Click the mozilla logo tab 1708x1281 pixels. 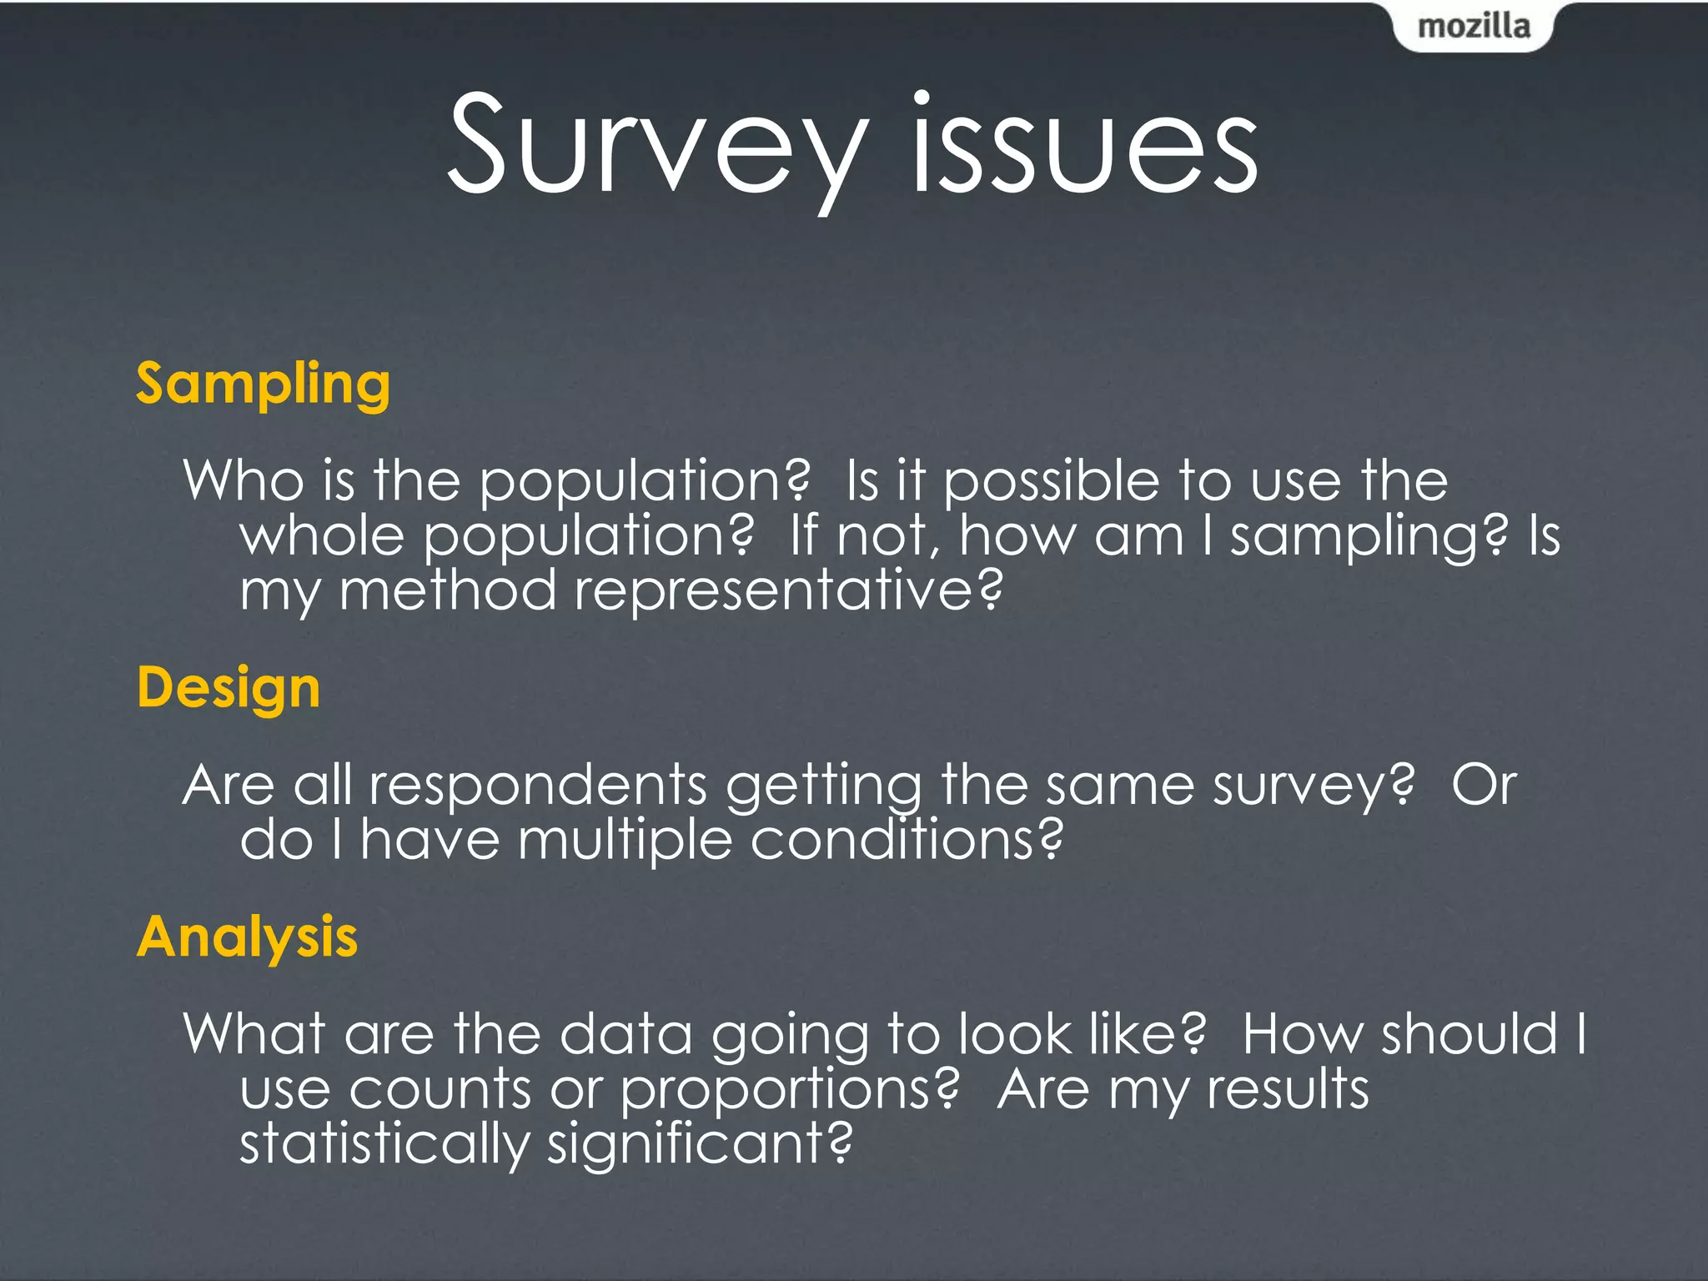pos(1474,27)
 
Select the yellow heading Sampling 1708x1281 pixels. pos(264,384)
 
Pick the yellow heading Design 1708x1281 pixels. pos(229,688)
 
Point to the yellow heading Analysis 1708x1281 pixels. pos(248,937)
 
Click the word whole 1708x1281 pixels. pos(322,535)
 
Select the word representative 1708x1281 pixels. pos(788,590)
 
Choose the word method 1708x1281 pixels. pos(447,590)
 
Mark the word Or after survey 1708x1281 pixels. pos(1484,786)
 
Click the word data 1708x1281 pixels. pos(625,1034)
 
